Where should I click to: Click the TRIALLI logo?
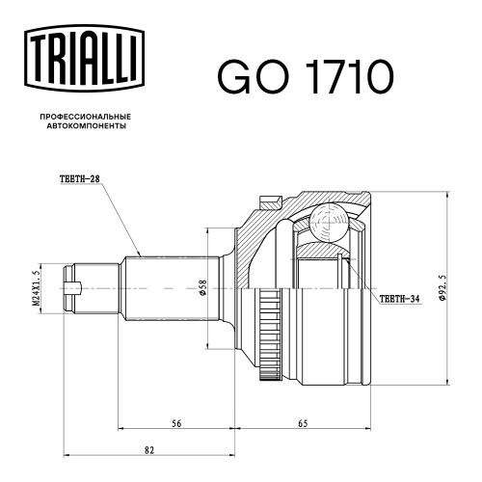[84, 58]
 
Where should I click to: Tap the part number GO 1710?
[306, 77]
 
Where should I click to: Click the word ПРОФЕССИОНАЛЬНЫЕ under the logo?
[86, 117]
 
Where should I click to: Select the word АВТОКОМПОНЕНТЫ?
[87, 126]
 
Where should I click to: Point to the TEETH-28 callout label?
[80, 179]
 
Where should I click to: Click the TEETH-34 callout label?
[399, 299]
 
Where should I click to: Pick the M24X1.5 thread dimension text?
[36, 287]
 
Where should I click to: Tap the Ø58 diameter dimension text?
[203, 287]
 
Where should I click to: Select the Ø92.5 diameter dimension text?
[442, 287]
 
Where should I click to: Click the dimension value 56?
[176, 423]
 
